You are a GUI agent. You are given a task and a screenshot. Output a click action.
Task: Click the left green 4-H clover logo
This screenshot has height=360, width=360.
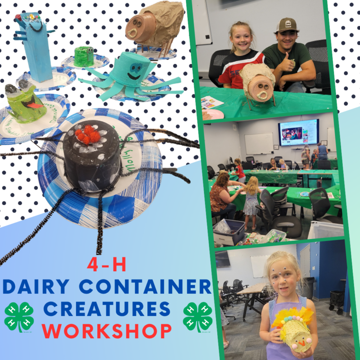click(19, 317)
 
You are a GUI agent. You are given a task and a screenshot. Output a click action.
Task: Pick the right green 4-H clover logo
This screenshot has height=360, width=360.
click(198, 316)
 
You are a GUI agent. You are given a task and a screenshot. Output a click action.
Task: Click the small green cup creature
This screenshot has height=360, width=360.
click(84, 56)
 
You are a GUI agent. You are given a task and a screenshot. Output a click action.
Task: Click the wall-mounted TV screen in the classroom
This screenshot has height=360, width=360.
click(299, 133)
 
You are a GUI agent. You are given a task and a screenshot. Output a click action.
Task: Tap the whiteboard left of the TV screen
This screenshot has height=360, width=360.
click(259, 143)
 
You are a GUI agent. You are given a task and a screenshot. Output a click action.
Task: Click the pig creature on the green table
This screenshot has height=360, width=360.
click(258, 85)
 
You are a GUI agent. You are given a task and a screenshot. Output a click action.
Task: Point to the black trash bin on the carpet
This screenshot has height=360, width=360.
click(337, 299)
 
